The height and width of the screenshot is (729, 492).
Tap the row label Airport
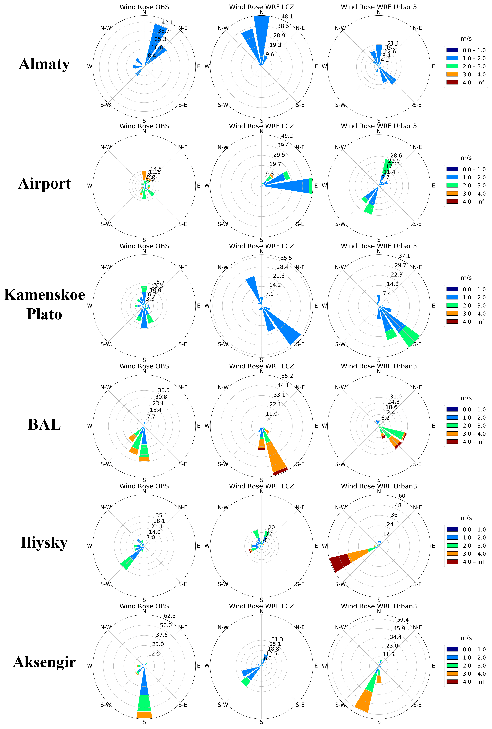pos(44,183)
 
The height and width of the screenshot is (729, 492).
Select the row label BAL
pos(44,424)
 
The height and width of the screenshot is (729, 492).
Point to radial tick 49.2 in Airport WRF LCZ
pos(287,136)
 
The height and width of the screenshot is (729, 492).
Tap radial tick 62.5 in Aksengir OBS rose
pos(170,616)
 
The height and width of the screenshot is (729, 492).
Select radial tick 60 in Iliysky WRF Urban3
pos(402,496)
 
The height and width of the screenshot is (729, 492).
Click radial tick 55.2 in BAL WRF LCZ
pos(287,376)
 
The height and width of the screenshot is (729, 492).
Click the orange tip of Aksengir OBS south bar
pos(144,715)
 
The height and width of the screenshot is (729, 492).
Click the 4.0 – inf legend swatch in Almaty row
pos(452,83)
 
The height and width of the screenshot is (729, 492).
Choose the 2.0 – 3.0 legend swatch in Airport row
pos(452,185)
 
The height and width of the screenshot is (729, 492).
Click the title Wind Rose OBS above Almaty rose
pos(144,7)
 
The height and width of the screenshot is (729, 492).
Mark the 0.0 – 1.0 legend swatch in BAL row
pos(452,409)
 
